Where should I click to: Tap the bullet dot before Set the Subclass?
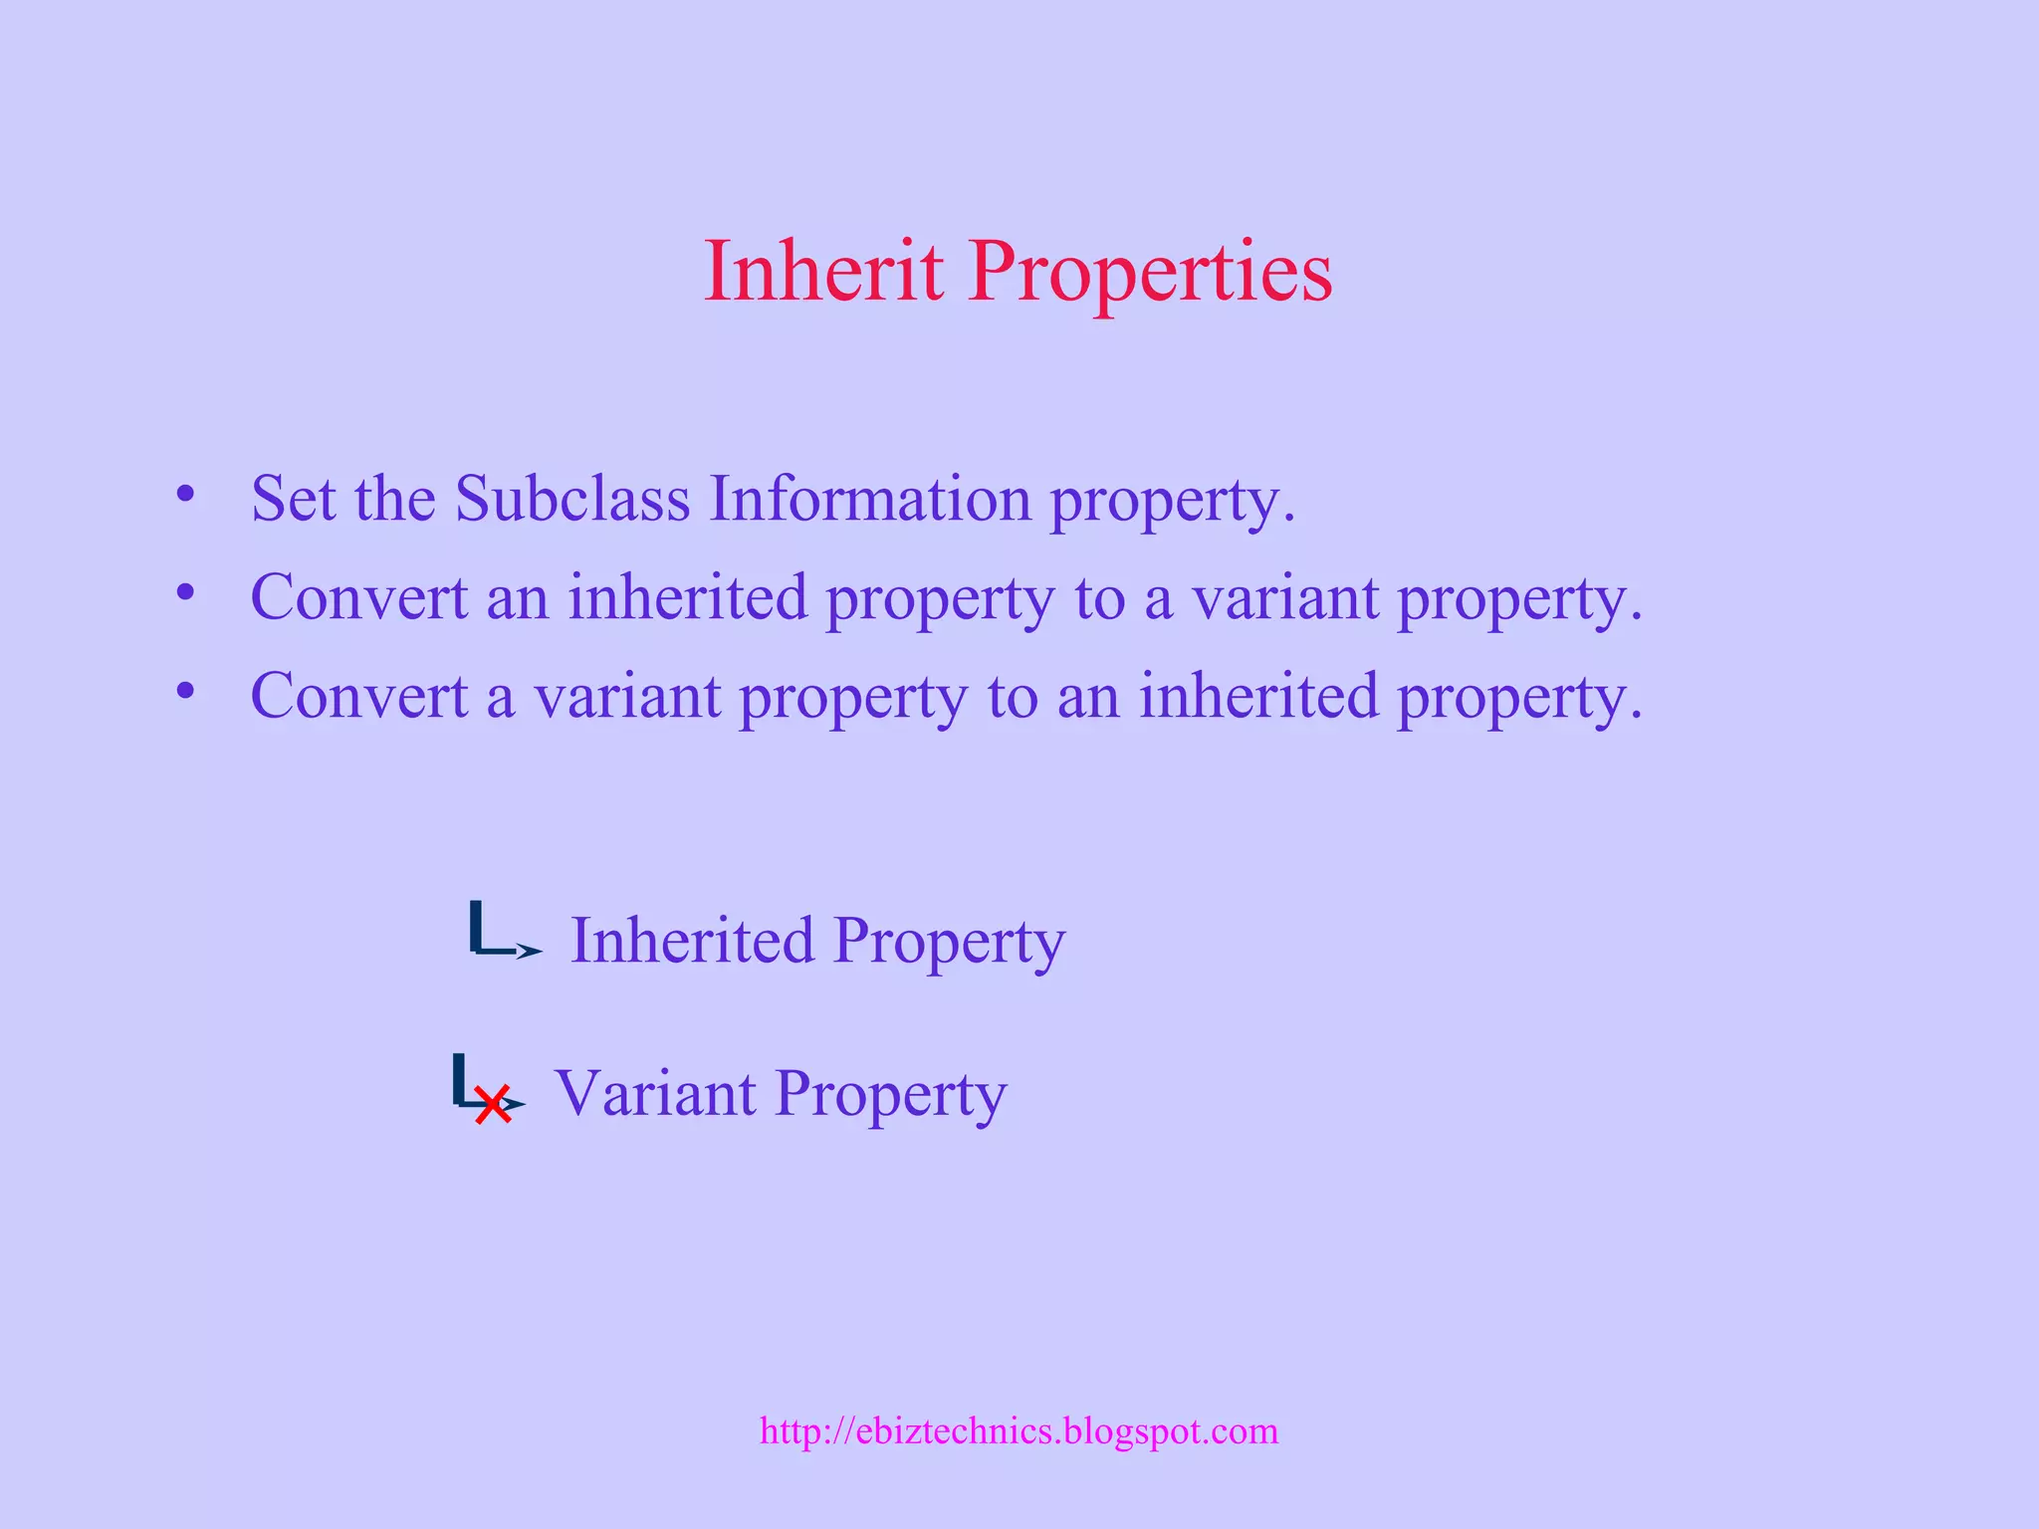click(x=185, y=494)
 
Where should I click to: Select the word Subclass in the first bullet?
click(x=572, y=498)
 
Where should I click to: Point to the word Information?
click(x=870, y=498)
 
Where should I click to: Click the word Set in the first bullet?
click(x=293, y=498)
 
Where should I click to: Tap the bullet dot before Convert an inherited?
click(x=185, y=592)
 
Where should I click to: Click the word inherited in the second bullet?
click(x=688, y=597)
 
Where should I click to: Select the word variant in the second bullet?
click(x=1284, y=597)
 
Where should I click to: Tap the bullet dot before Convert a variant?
click(x=185, y=690)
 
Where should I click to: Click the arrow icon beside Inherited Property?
click(x=504, y=932)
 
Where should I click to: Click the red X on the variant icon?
click(x=492, y=1104)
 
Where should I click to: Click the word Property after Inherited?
click(x=949, y=942)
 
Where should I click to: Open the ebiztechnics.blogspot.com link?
click(x=1019, y=1430)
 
